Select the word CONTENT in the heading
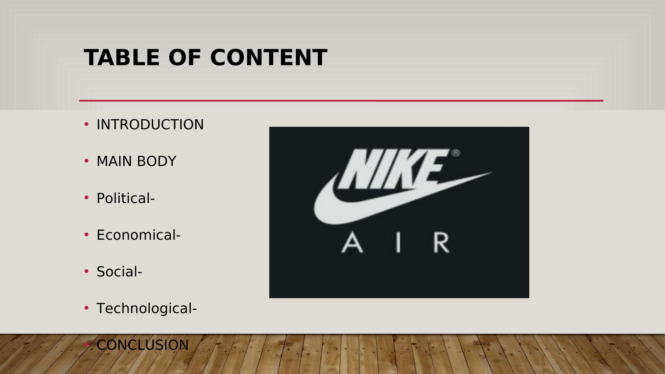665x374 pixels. click(x=269, y=57)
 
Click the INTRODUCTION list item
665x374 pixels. click(x=150, y=125)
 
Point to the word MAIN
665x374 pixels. click(x=114, y=161)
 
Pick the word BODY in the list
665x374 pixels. click(x=156, y=161)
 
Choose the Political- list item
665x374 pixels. click(x=125, y=198)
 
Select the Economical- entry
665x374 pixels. click(x=139, y=235)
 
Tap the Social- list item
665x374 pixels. click(x=119, y=272)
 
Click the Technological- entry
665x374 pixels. click(x=146, y=308)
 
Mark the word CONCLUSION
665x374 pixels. click(x=142, y=345)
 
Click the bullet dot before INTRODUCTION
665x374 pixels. click(x=86, y=124)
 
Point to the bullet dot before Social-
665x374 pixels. click(x=86, y=271)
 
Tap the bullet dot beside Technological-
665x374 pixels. click(x=86, y=308)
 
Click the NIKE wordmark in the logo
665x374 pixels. click(x=392, y=169)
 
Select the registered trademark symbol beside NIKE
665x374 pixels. click(x=456, y=153)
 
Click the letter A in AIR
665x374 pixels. click(x=352, y=243)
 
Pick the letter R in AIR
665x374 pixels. click(x=441, y=243)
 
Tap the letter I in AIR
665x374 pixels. click(x=398, y=243)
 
